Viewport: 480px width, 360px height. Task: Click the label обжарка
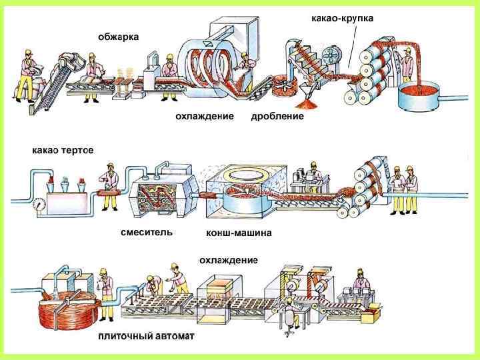tap(118, 37)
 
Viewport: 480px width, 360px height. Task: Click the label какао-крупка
tap(342, 18)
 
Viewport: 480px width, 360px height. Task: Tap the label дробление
tap(277, 116)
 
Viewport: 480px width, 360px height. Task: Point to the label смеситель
tap(146, 233)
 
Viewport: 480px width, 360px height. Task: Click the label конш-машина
tap(238, 234)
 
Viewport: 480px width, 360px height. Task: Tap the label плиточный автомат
tap(146, 337)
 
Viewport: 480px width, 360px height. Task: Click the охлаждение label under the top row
tap(204, 116)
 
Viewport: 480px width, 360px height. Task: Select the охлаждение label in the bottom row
tap(228, 259)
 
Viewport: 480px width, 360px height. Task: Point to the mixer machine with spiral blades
tap(159, 193)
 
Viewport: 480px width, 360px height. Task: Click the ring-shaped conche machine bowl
tap(237, 189)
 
